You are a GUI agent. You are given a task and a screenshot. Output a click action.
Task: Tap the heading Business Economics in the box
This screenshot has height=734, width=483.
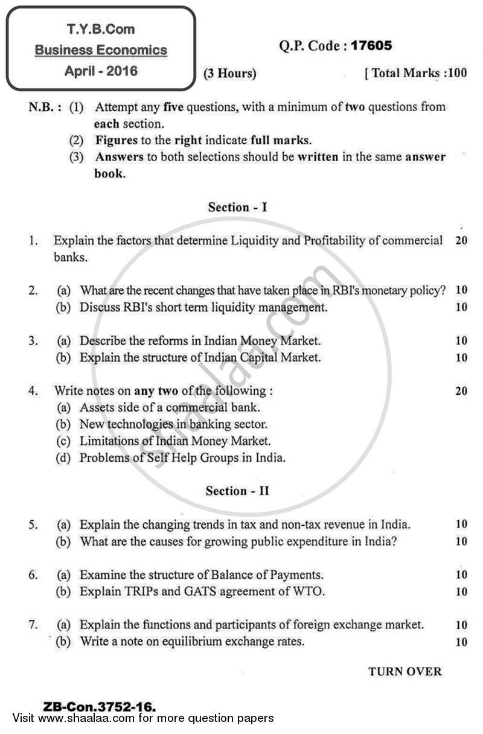101,50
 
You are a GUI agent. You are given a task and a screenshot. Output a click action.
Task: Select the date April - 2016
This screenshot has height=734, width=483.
101,71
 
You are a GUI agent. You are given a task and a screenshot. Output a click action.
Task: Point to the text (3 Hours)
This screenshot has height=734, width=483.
229,74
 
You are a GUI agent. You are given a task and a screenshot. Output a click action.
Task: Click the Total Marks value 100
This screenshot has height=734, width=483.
458,74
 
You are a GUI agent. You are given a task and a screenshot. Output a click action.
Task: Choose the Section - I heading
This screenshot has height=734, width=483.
237,207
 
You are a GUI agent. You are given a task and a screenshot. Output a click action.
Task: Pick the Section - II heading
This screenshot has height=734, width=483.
237,491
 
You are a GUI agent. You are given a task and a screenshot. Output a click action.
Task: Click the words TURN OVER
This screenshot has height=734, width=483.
405,671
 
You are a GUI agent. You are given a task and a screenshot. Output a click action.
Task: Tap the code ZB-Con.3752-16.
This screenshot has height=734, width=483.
100,705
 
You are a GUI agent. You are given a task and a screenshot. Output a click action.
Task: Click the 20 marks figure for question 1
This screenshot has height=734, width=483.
461,240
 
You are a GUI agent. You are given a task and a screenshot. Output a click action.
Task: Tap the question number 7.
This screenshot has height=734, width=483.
33,624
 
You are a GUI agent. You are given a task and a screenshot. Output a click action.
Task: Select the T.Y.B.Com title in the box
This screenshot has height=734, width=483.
101,29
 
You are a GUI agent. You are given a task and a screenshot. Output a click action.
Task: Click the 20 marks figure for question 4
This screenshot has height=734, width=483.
461,391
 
